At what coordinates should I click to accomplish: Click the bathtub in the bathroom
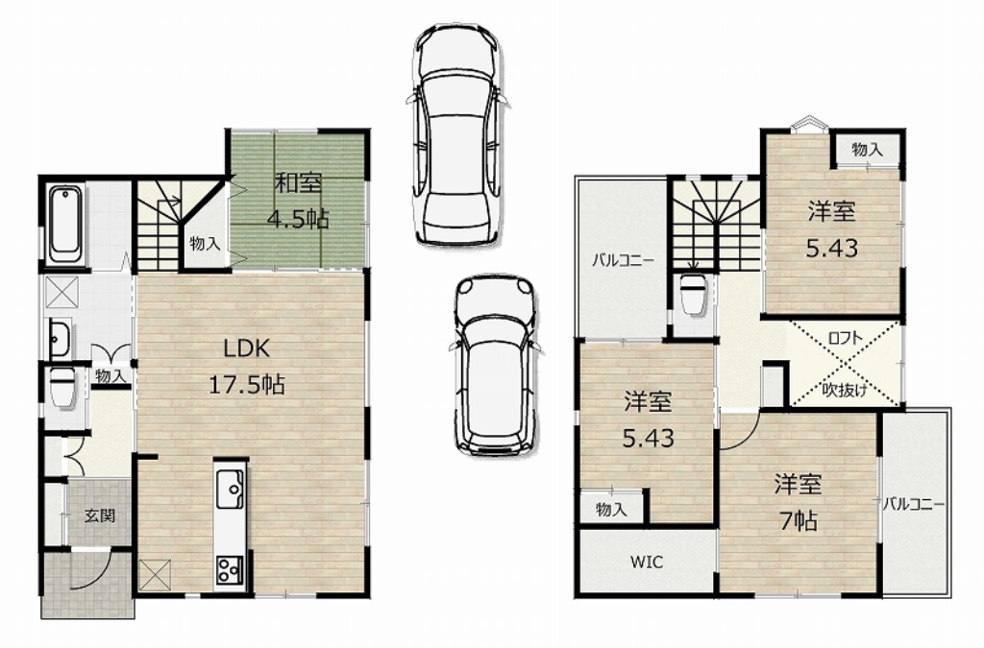(x=65, y=224)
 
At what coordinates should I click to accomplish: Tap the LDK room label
(x=247, y=349)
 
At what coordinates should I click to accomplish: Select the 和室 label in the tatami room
(x=298, y=183)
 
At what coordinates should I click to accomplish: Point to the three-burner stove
(x=230, y=569)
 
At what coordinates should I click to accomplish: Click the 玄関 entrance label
(x=100, y=516)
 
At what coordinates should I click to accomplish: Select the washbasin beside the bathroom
(x=60, y=339)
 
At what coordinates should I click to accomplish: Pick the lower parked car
(x=496, y=364)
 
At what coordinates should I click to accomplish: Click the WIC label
(x=647, y=563)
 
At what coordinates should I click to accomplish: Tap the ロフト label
(x=846, y=339)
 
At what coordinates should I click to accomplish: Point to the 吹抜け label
(x=845, y=389)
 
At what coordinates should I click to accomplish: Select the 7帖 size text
(x=799, y=520)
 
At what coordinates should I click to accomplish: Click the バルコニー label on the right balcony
(x=914, y=505)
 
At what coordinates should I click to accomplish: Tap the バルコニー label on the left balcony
(x=623, y=260)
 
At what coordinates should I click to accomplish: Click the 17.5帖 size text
(x=247, y=384)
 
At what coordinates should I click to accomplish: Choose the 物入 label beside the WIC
(x=611, y=509)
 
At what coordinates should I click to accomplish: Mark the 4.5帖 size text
(x=298, y=219)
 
